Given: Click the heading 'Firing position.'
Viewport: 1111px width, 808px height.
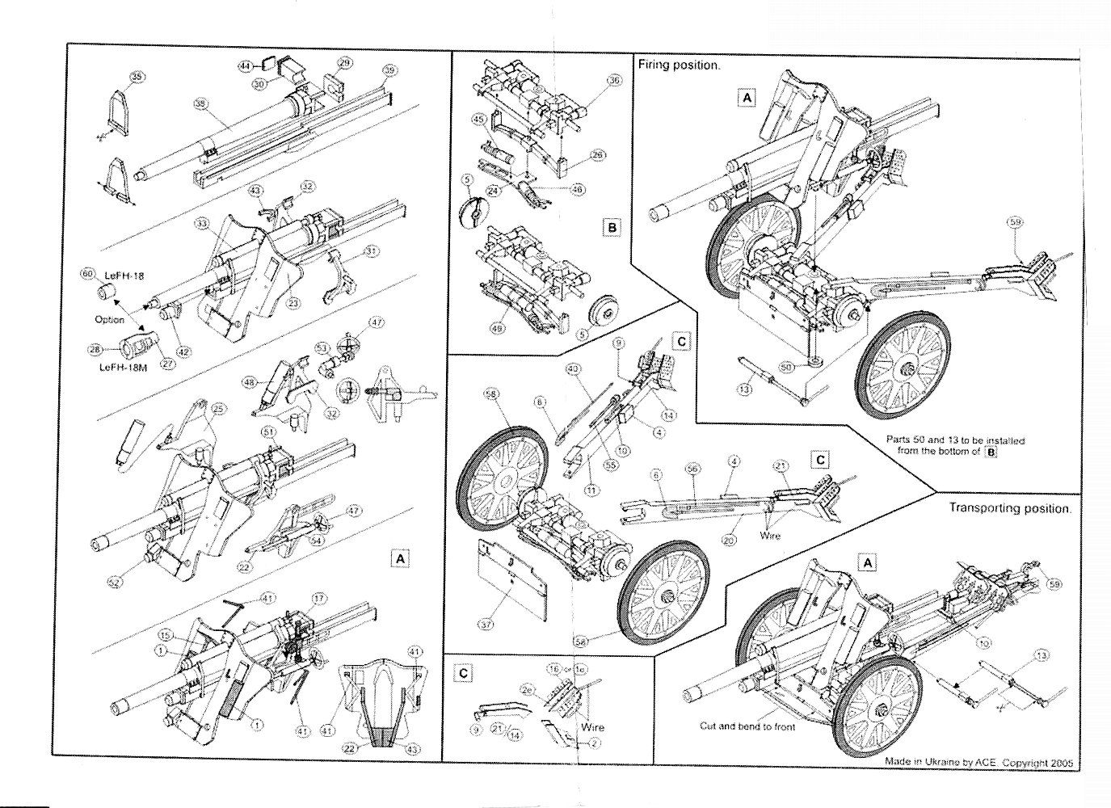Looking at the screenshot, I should click(x=679, y=65).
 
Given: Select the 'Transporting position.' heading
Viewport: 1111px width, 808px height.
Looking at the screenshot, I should click(x=1010, y=509).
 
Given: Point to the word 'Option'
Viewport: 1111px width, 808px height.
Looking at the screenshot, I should click(x=110, y=319).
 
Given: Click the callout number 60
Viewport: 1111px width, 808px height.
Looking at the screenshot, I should click(x=87, y=274).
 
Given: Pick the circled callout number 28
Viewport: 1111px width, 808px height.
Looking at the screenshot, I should click(x=95, y=349).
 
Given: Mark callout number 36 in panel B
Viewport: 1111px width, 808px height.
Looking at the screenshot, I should click(x=614, y=81).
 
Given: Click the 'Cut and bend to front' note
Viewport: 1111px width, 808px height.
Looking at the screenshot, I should click(x=747, y=726).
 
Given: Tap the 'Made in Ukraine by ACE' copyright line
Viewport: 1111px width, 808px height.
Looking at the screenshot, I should click(x=981, y=762).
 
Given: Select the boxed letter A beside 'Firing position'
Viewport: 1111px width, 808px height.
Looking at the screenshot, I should click(x=747, y=98).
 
